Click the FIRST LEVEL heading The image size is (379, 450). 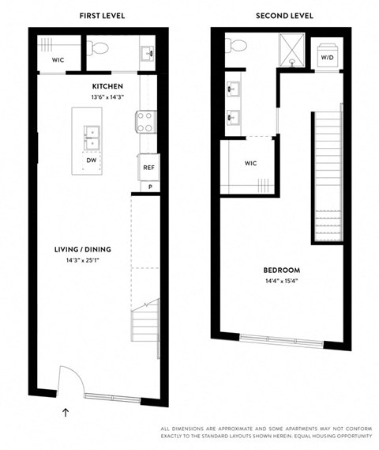coord(101,16)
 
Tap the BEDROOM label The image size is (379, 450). coord(280,270)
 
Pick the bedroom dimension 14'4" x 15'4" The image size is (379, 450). coord(280,281)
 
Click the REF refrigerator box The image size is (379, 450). coord(148,168)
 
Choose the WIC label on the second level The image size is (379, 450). coord(251,164)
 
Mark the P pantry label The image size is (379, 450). coord(148,187)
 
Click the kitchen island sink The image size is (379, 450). coord(92,138)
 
